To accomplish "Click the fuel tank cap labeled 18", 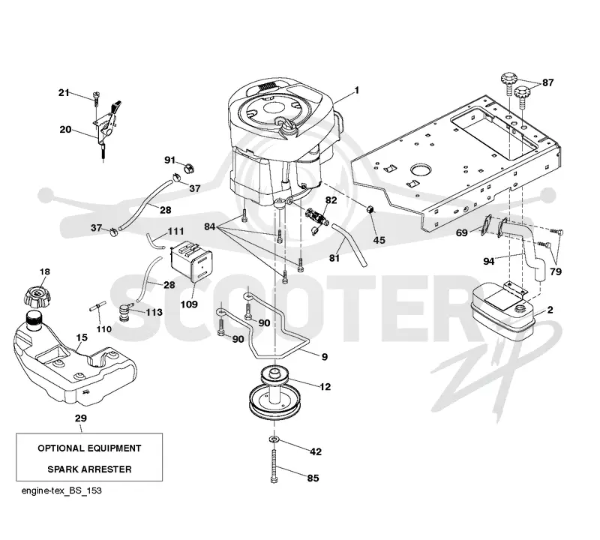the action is [x=37, y=296].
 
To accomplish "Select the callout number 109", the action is [x=189, y=304].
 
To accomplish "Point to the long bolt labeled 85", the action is [x=274, y=466].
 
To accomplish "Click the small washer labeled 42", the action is [x=274, y=438].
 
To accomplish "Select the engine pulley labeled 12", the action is [x=275, y=394].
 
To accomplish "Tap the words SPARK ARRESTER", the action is [x=89, y=469].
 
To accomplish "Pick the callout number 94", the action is [x=489, y=262].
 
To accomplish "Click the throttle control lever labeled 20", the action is [x=108, y=126].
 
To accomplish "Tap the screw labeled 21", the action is [x=97, y=97].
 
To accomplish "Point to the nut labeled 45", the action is [x=370, y=209].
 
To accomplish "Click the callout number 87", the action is [x=548, y=82].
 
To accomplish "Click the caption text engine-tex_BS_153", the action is [x=61, y=490].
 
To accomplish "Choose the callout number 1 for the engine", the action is [x=357, y=90].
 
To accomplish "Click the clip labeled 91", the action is [x=189, y=168].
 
